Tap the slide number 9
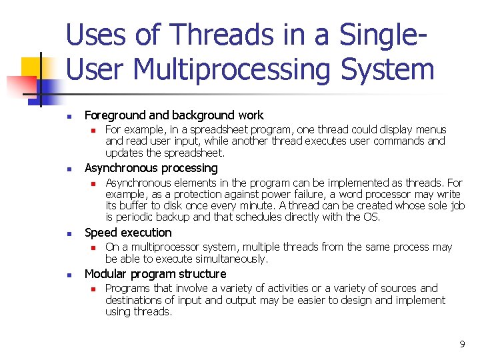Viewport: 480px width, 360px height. click(462, 344)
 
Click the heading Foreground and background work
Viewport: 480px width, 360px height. click(174, 115)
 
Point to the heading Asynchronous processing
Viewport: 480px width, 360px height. click(151, 168)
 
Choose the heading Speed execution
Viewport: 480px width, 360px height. click(128, 233)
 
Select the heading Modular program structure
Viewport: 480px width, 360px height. click(155, 274)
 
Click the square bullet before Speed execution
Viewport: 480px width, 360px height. click(69, 233)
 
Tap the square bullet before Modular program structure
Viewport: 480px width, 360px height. click(69, 275)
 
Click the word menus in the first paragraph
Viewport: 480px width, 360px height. click(430, 129)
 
